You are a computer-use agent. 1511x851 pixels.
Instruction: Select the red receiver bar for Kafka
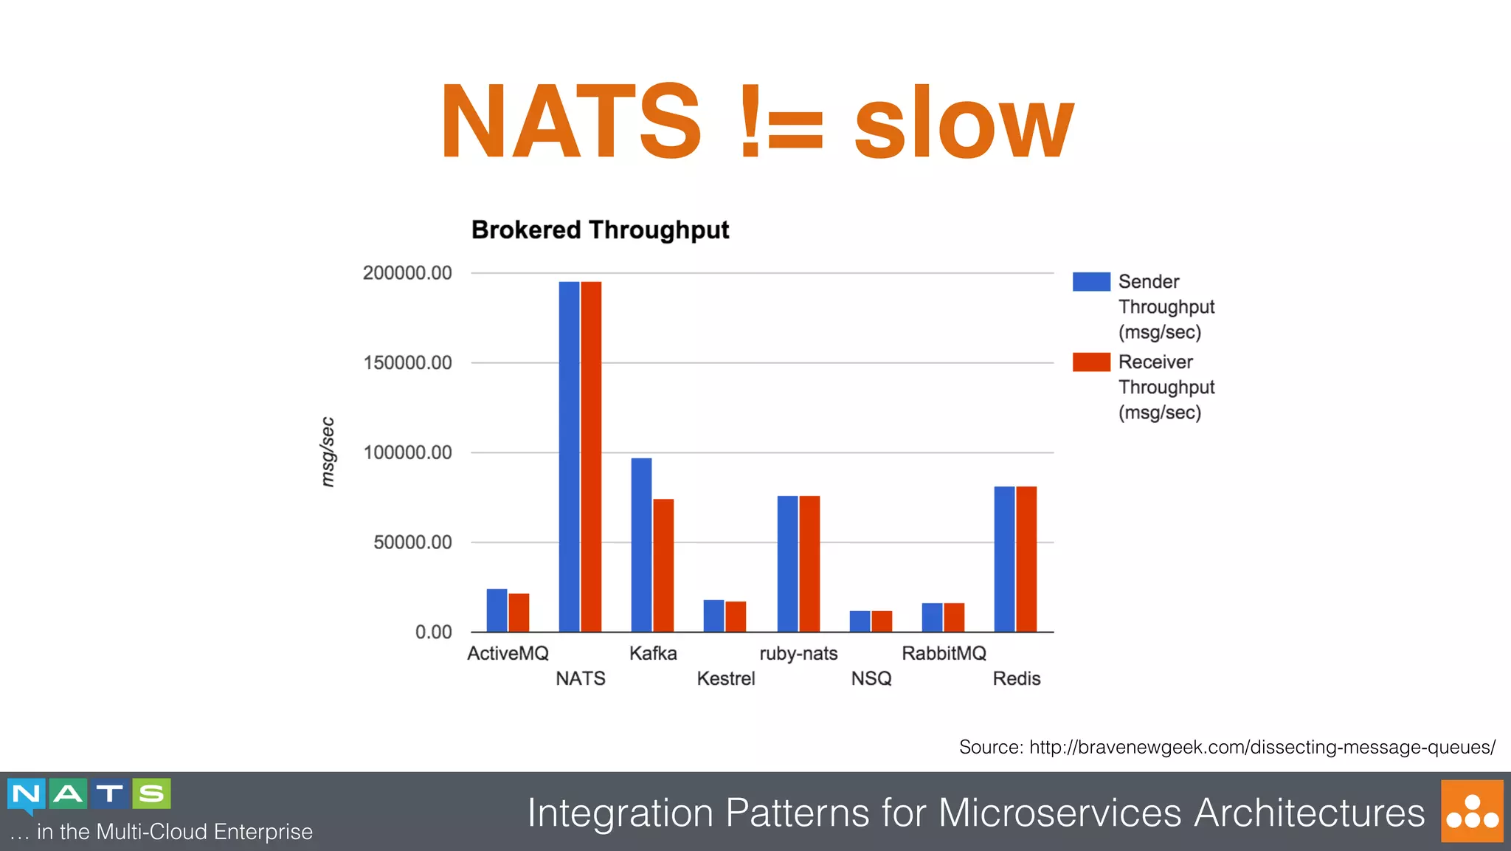(x=663, y=565)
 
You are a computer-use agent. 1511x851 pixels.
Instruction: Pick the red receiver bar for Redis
(x=1026, y=559)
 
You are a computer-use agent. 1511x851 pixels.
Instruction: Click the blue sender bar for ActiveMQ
(x=497, y=610)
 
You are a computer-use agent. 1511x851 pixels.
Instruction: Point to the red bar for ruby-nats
(x=809, y=564)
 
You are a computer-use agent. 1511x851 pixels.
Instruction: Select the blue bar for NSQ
(x=860, y=621)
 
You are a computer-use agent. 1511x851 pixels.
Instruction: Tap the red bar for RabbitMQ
(x=954, y=618)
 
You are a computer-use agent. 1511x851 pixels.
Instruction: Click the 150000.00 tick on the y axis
(x=407, y=362)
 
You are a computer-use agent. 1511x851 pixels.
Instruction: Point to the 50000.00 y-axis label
(x=412, y=542)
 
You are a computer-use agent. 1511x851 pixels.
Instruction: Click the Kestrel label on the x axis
(x=726, y=678)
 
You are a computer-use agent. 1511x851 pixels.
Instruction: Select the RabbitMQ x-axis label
(x=944, y=653)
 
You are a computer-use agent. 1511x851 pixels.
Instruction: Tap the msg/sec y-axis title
(x=328, y=452)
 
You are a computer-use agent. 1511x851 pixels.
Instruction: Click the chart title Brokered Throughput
(x=600, y=230)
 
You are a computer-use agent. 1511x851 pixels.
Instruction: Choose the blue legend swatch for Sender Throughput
(x=1091, y=281)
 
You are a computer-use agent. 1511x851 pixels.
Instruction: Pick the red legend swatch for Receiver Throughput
(x=1091, y=362)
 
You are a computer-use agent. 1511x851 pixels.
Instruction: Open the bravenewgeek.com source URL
(x=1262, y=747)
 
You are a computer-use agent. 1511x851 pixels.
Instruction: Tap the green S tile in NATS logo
(x=151, y=793)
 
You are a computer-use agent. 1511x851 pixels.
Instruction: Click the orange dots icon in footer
(x=1472, y=811)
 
